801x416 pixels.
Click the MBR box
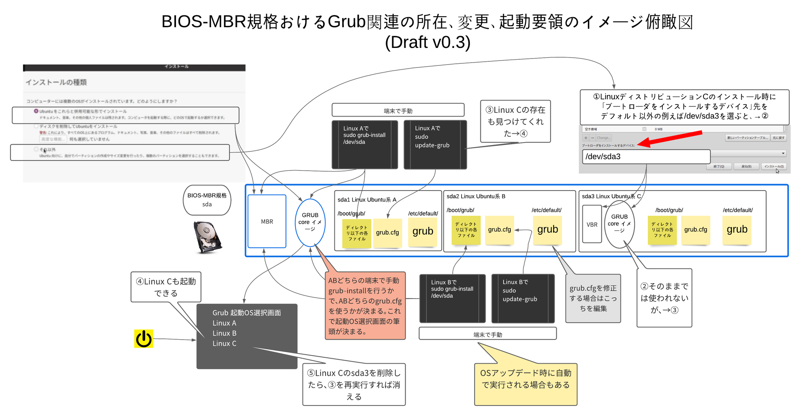pos(267,221)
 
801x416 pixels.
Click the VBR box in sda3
pos(592,224)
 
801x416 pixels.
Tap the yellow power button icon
pos(143,339)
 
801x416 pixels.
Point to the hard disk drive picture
pos(207,237)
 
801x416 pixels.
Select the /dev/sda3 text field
pos(646,157)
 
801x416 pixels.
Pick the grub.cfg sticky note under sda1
pos(387,233)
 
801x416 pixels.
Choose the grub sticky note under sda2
pos(547,230)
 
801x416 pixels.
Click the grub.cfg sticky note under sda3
pos(695,230)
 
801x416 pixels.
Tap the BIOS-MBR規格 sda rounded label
pos(207,200)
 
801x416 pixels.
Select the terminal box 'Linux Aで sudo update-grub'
pos(435,145)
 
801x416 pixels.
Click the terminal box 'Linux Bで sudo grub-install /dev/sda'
pos(452,299)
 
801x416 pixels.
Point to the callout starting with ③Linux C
pos(515,121)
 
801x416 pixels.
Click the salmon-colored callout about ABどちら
pos(365,305)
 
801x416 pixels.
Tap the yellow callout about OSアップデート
pos(525,384)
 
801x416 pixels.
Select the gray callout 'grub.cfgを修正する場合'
pos(593,299)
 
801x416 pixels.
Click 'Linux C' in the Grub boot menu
pos(224,344)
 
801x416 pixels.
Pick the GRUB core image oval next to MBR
pos(310,223)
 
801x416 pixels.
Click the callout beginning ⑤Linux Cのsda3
pos(354,384)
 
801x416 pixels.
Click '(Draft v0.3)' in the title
pos(428,42)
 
